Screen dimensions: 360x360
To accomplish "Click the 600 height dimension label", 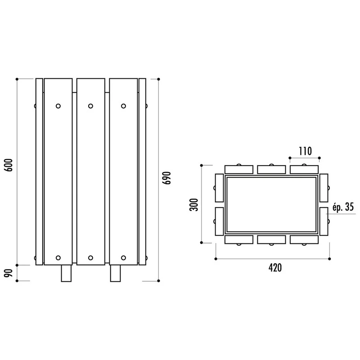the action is coord(9,165).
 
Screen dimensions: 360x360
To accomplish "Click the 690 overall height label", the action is coord(167,178).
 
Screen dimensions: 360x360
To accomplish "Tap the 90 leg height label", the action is coord(9,273).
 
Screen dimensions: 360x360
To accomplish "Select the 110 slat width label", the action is coord(305,151).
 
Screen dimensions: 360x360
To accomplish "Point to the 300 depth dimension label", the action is coord(194,205).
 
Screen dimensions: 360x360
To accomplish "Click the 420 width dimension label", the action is coord(275,268).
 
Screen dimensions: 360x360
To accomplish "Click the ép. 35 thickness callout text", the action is coord(343,207).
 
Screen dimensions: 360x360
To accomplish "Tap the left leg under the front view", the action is coord(66,273).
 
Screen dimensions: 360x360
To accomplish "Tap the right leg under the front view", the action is coord(115,273).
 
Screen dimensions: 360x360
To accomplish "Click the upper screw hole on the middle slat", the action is coord(91,106).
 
